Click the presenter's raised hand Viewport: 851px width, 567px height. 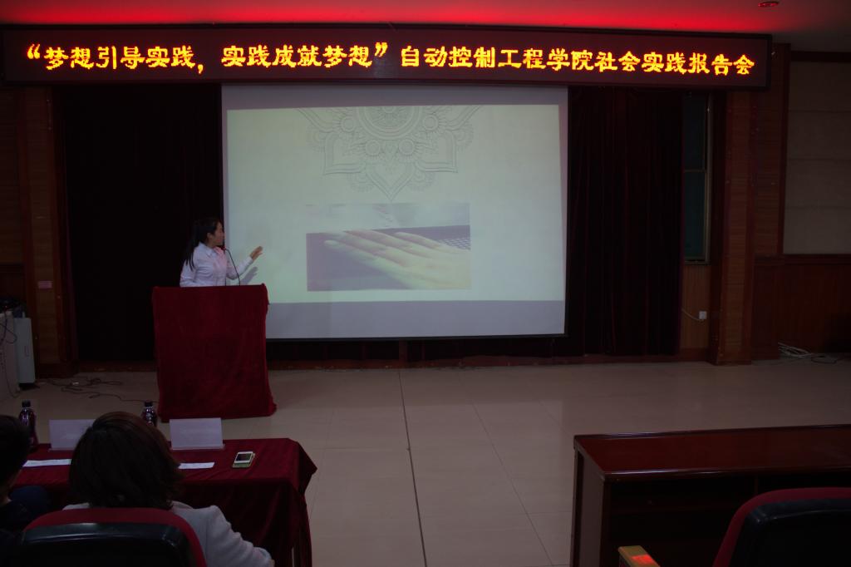[256, 253]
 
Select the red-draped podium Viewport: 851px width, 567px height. [213, 352]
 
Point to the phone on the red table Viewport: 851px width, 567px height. [243, 459]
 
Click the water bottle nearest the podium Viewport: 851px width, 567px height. [149, 413]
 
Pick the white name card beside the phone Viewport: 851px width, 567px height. [196, 433]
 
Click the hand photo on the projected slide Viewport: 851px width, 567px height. [388, 247]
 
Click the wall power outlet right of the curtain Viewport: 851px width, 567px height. [703, 314]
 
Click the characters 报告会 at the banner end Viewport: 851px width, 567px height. [717, 63]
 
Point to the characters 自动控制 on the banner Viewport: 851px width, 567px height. [448, 57]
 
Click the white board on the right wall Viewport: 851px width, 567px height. [817, 158]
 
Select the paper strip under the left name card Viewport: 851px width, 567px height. [47, 463]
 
